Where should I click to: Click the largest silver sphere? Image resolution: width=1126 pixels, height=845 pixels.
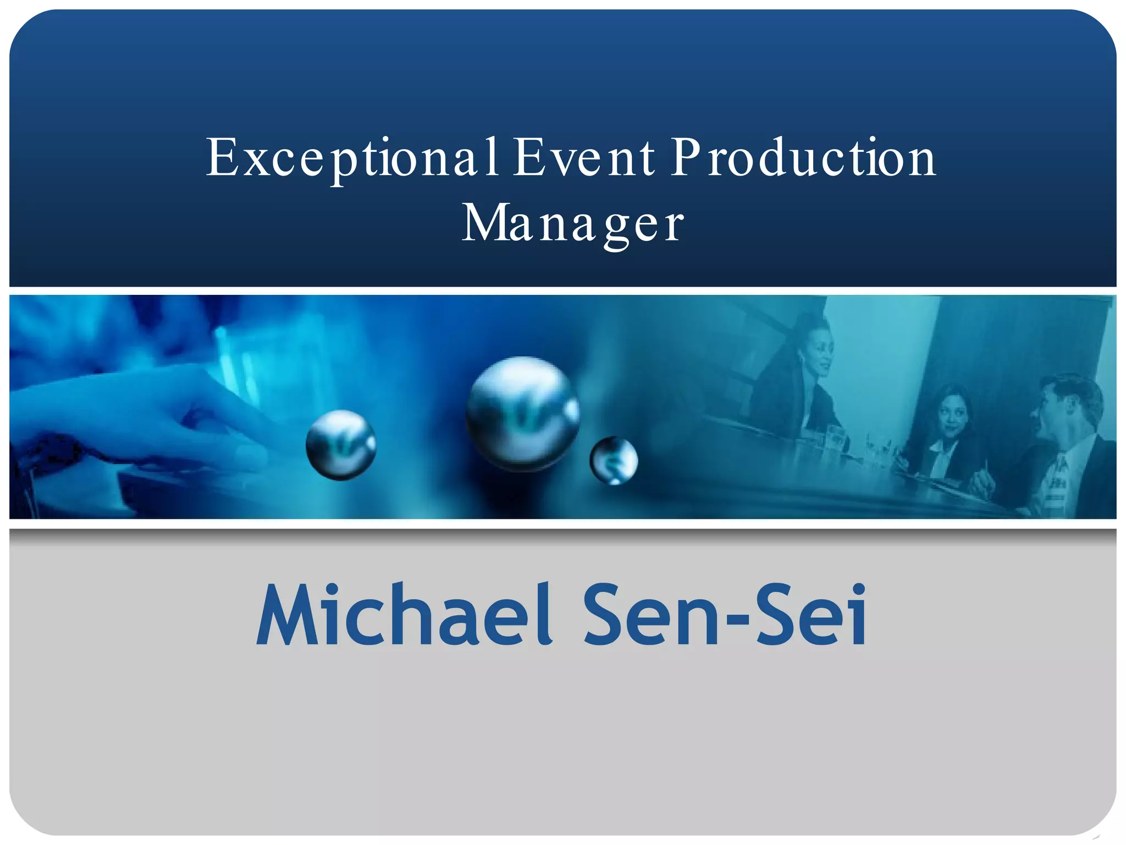[x=522, y=413]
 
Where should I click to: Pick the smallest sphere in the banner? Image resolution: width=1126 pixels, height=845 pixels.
[x=614, y=460]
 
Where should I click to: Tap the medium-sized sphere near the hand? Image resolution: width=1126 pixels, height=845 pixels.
[x=341, y=445]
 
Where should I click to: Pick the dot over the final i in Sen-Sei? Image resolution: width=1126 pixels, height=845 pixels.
[x=857, y=591]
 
